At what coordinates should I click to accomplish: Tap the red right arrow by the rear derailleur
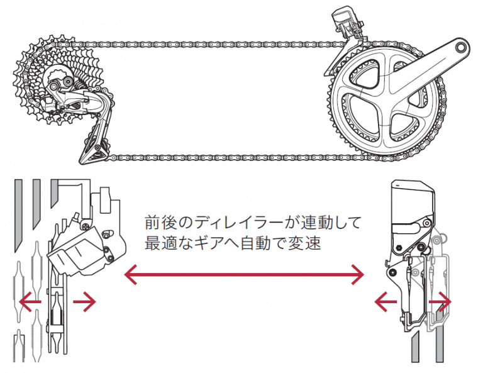click(x=84, y=302)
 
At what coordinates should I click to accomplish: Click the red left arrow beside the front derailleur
click(x=384, y=302)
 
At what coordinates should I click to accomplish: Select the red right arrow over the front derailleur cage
click(x=440, y=302)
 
